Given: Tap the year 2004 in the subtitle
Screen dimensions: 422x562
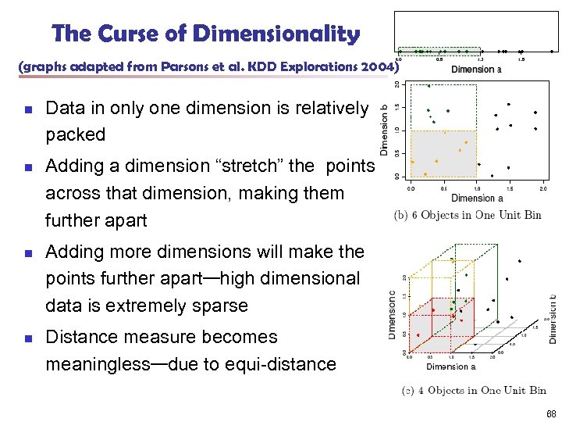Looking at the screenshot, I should tap(372, 66).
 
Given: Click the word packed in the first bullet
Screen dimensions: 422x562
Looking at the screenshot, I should tap(75, 134).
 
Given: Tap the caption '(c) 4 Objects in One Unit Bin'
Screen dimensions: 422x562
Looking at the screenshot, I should tap(473, 390).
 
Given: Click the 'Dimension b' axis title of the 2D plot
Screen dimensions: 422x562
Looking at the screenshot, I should tap(384, 130).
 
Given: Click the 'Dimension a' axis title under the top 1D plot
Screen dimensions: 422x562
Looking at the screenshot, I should tap(477, 69).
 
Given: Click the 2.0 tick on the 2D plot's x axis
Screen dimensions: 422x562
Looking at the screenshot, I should tap(544, 188).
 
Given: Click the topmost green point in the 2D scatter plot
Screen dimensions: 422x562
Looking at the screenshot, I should tap(428, 85).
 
